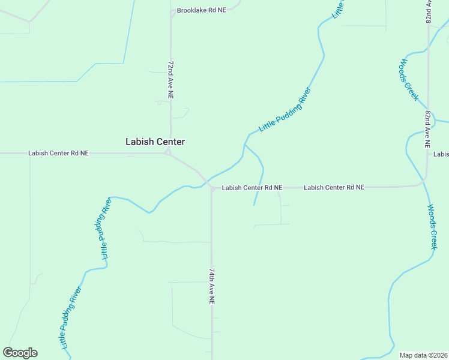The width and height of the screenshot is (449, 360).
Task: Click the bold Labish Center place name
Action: [155, 142]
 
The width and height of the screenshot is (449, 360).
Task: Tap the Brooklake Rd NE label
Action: [201, 11]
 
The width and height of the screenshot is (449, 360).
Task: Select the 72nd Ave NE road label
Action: [170, 79]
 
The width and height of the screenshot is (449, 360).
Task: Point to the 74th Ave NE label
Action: [212, 284]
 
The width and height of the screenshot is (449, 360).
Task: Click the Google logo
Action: [20, 353]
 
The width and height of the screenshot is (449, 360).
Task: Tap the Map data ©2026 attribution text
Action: [423, 355]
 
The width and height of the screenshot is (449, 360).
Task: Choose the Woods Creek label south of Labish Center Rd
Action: [432, 227]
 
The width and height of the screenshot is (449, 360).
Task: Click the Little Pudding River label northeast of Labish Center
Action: [285, 110]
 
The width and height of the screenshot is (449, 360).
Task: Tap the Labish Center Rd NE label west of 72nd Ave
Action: [58, 154]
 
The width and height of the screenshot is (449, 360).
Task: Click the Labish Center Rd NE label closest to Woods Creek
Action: [334, 188]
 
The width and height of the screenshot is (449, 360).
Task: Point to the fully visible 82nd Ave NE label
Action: [428, 129]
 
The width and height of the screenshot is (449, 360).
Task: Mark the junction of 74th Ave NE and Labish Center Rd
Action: [212, 188]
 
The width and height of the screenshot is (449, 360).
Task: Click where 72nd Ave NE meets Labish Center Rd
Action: [170, 153]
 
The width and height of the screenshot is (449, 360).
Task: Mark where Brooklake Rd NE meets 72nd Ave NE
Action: [172, 12]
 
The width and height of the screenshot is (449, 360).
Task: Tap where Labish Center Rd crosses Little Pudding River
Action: [205, 181]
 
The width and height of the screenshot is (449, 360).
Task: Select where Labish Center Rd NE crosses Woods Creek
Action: [424, 182]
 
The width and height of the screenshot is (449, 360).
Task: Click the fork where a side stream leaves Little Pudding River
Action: [245, 144]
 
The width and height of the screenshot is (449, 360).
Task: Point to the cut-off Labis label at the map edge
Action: [441, 154]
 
